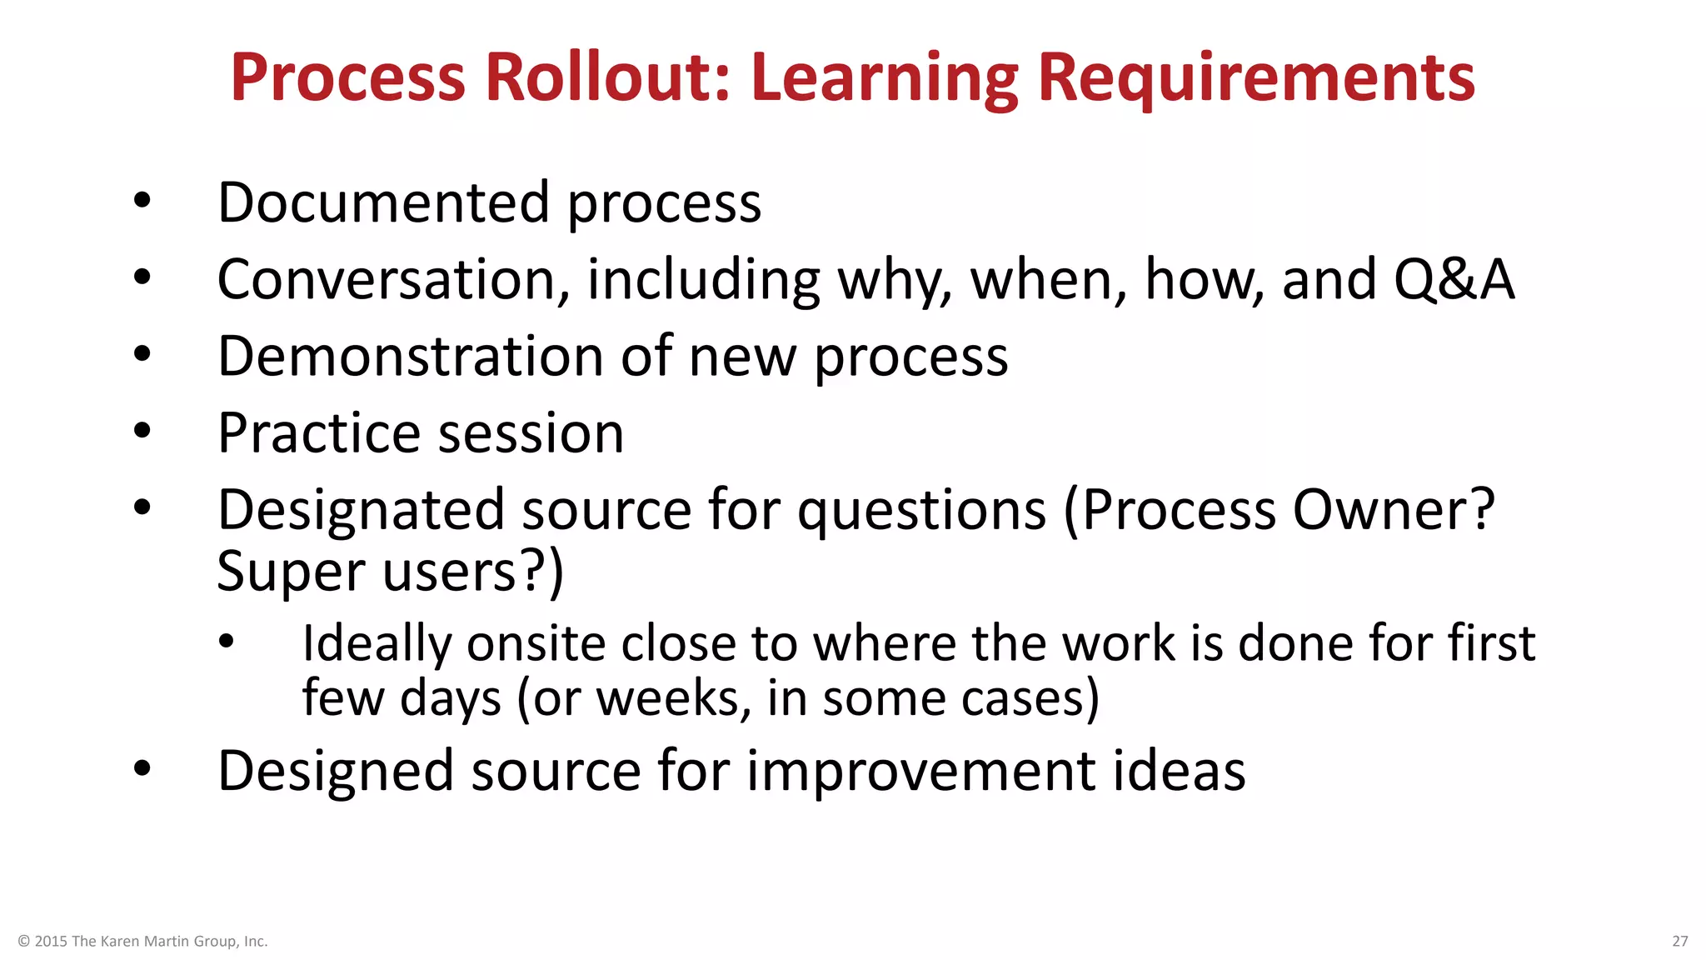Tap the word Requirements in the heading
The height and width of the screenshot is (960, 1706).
point(1256,79)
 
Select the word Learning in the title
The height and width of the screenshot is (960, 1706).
point(884,79)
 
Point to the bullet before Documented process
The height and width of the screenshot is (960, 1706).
point(142,201)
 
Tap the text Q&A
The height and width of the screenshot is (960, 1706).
point(1454,279)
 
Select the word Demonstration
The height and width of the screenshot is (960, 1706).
point(410,356)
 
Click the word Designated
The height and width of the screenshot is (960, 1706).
point(361,511)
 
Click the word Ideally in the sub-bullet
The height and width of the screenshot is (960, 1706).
point(377,644)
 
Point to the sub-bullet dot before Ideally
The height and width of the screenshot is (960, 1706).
point(227,642)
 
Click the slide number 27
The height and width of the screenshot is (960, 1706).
point(1679,941)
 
